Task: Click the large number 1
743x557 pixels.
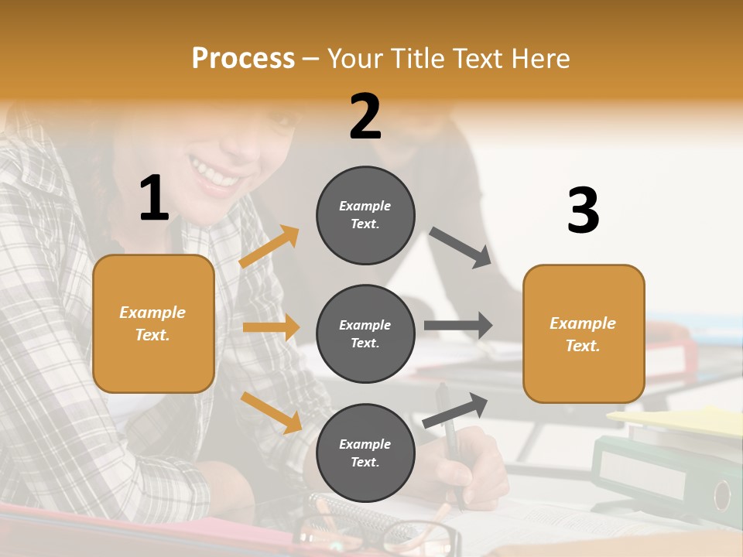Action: (154, 198)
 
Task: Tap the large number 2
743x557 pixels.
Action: (365, 118)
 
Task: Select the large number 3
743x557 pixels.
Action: (583, 211)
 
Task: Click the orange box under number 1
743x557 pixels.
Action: (153, 323)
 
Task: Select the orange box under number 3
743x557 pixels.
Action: (584, 333)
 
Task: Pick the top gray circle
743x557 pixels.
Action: (365, 215)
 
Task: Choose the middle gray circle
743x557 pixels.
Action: (365, 333)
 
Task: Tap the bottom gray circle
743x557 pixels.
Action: (365, 453)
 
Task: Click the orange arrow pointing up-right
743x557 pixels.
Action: (269, 246)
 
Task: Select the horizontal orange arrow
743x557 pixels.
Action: (271, 327)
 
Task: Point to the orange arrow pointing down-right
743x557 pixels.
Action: (271, 412)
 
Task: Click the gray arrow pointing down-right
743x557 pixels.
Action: (460, 247)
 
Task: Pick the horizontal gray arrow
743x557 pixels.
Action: (458, 326)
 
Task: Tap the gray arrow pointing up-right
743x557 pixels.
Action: (455, 410)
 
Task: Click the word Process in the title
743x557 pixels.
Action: (243, 59)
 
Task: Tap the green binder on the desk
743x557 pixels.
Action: (666, 472)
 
